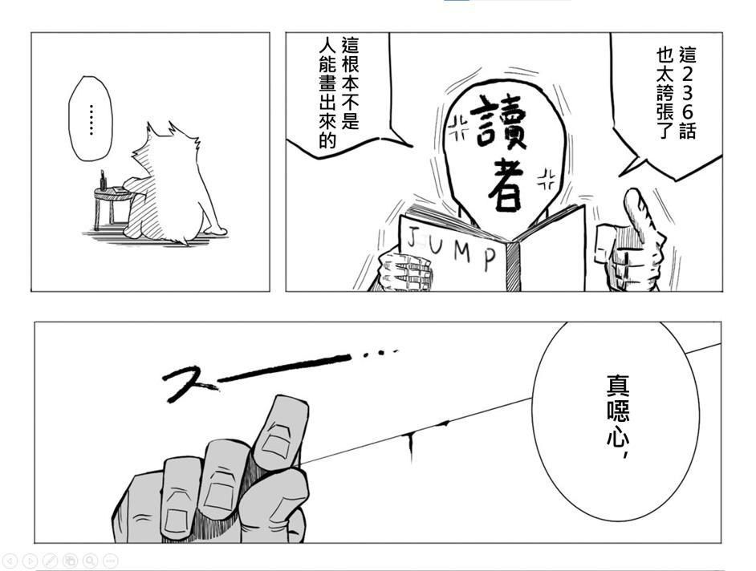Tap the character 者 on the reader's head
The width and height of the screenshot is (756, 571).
click(x=506, y=184)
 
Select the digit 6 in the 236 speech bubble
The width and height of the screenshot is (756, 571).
click(x=688, y=112)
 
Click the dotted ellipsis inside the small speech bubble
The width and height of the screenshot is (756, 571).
click(x=91, y=119)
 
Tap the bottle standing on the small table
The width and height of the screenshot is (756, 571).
click(x=103, y=180)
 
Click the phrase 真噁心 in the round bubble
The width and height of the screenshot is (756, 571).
click(x=618, y=409)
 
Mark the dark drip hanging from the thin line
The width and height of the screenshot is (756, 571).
click(x=410, y=447)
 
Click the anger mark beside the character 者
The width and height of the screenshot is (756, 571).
click(x=547, y=180)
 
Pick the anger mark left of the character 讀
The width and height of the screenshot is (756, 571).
click(x=458, y=128)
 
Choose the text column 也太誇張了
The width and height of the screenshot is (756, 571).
click(x=666, y=92)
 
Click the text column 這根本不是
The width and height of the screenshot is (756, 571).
click(x=351, y=83)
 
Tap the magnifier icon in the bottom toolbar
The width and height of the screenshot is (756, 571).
click(x=90, y=561)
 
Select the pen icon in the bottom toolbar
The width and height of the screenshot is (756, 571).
click(x=50, y=561)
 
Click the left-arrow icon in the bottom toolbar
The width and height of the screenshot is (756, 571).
click(x=10, y=561)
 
